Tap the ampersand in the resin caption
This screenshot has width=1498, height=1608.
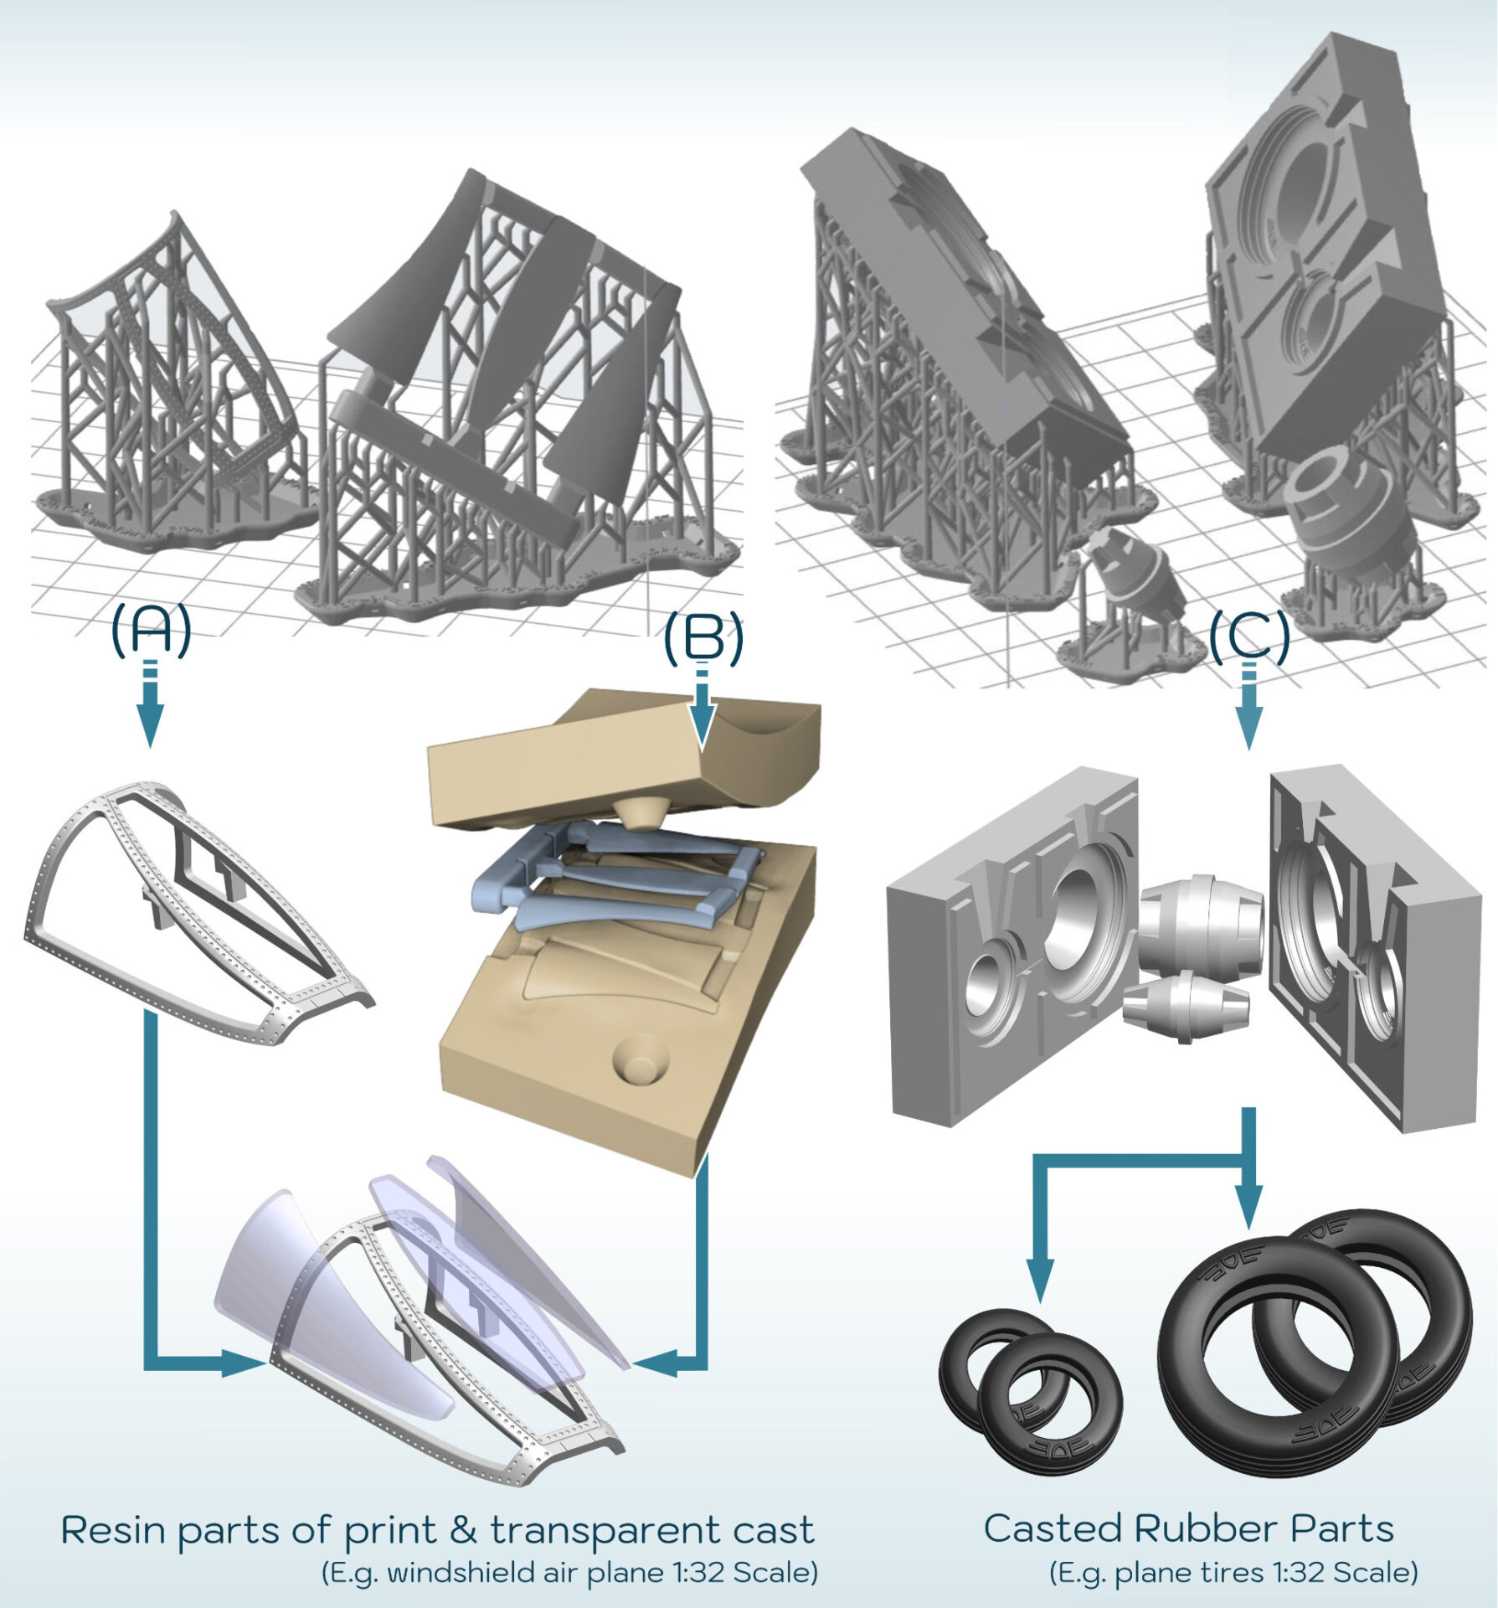[x=464, y=1529]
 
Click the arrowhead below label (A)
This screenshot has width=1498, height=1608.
[x=151, y=730]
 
